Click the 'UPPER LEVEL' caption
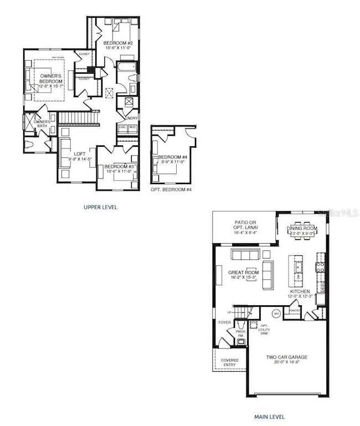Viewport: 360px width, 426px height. (x=100, y=207)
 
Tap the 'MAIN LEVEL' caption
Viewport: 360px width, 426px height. (x=269, y=417)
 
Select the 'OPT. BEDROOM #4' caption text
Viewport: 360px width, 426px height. (x=171, y=189)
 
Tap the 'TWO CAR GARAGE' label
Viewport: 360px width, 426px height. (x=286, y=357)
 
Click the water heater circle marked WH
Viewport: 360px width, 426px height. (x=276, y=313)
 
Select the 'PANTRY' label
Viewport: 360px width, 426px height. (x=295, y=311)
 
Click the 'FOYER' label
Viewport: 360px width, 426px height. (x=224, y=322)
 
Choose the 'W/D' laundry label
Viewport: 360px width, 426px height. (x=132, y=127)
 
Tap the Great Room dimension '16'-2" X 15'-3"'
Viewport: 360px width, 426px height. (x=244, y=279)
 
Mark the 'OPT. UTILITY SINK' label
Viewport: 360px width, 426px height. (x=265, y=329)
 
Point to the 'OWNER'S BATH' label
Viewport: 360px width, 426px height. (x=42, y=124)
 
